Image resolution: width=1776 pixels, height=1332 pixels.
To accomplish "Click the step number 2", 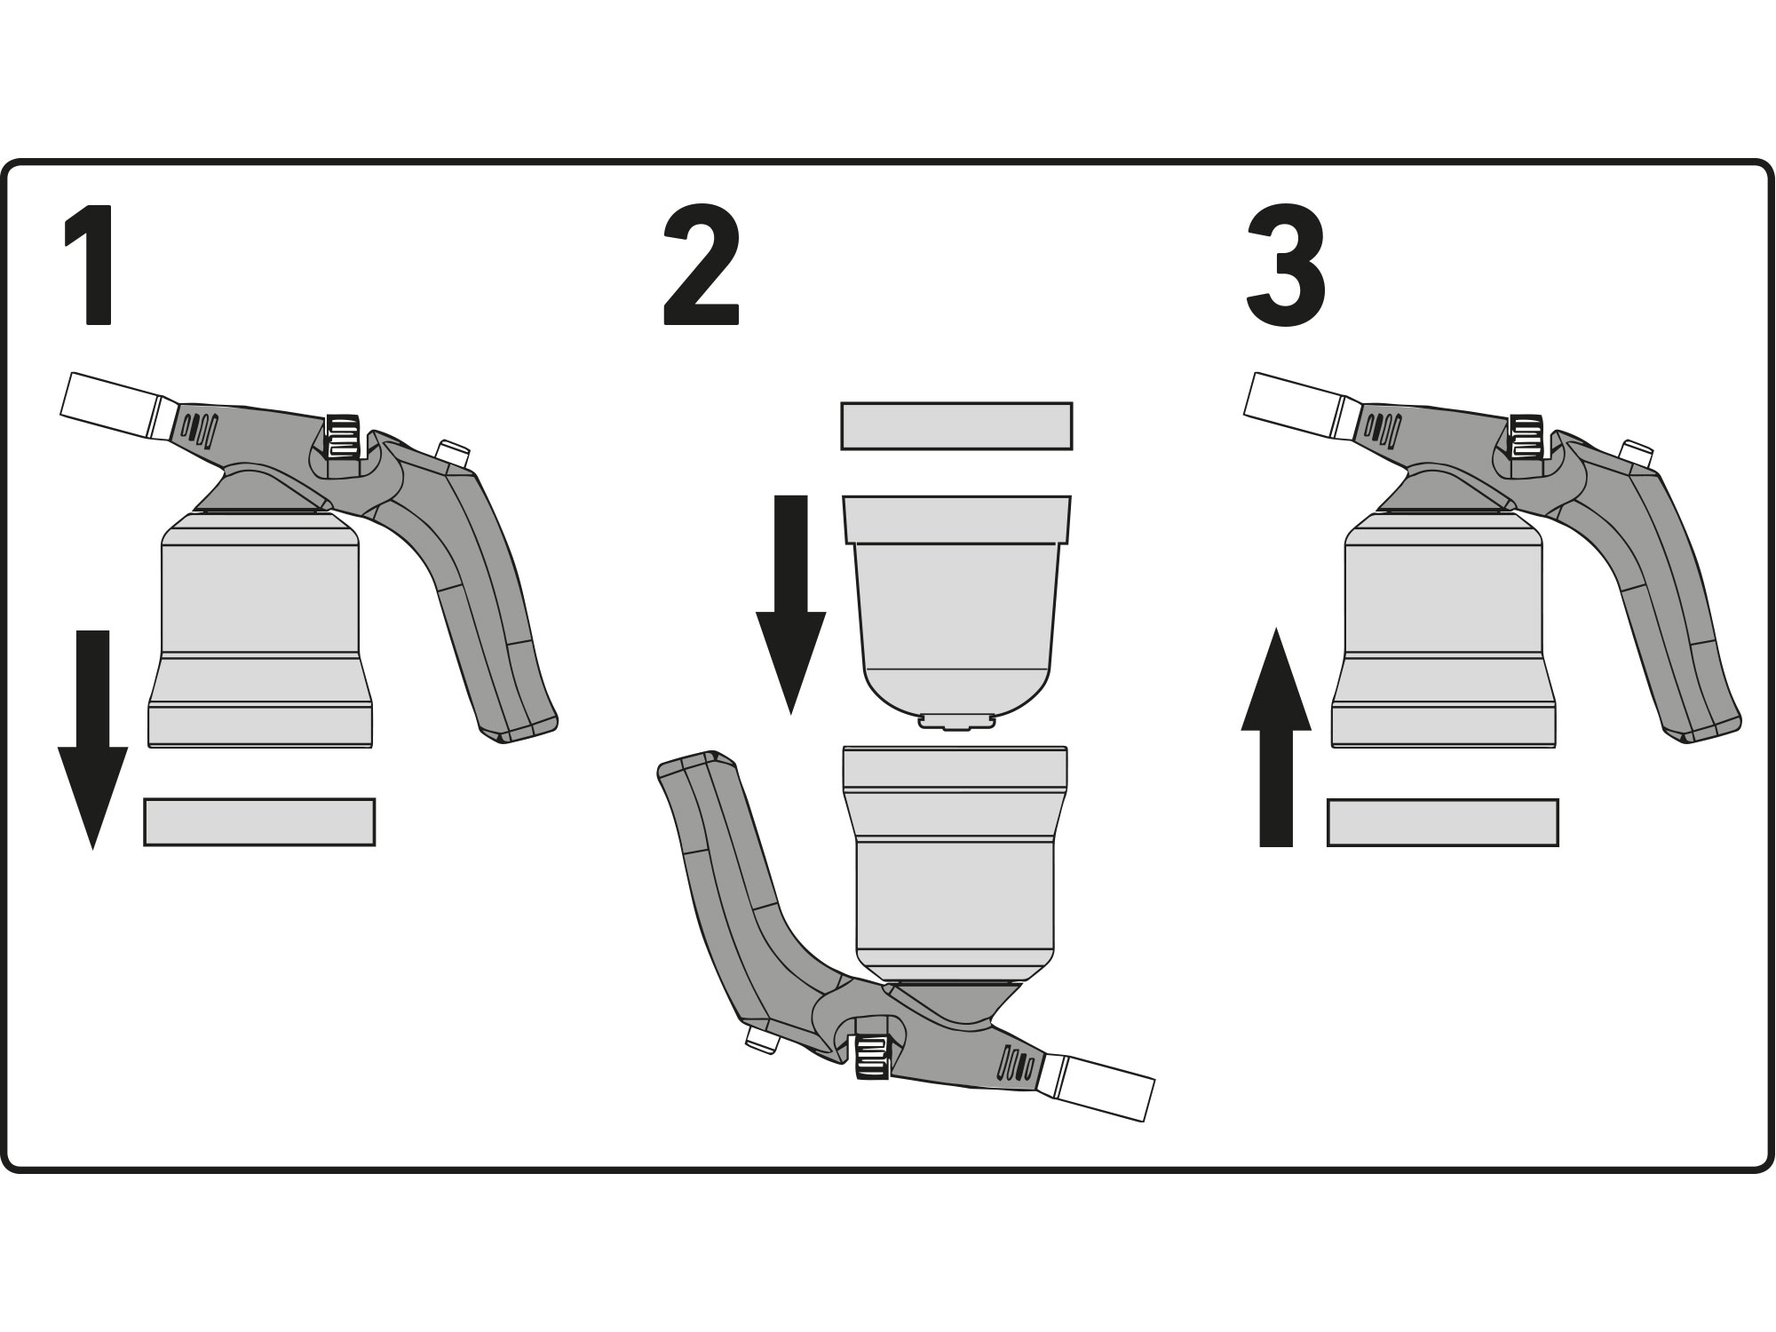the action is pos(702,265).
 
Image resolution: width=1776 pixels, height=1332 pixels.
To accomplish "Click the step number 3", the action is pos(1286,265).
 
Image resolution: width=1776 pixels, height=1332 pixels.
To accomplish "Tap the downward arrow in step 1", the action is pos(92,739).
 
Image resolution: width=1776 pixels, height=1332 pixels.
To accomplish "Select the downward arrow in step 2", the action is pos(790,605).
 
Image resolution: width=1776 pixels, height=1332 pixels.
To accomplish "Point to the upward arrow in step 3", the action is pos(1276,737).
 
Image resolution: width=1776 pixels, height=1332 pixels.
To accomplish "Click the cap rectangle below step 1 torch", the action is pos(259,821).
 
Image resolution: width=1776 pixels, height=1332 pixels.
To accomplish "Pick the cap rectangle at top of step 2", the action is pos(956,425).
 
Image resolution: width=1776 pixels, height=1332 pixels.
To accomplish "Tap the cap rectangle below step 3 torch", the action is pos(1443,821).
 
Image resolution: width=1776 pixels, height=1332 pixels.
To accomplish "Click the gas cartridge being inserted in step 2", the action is pos(956,611).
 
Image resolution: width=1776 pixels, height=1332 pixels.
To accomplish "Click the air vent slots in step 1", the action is pos(200,428).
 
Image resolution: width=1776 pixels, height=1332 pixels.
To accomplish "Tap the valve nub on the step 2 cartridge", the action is pos(956,720).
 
